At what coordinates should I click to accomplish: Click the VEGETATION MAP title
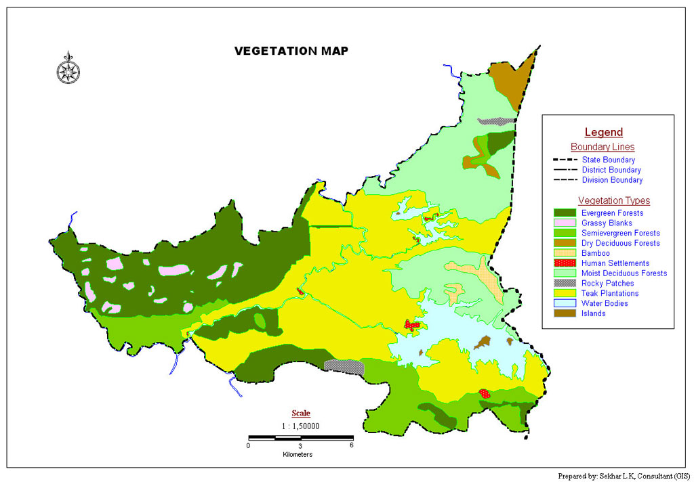coord(291,51)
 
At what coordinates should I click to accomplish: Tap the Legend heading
coord(603,133)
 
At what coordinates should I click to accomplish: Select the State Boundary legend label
coord(608,160)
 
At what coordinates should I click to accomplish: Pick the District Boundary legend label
coord(611,171)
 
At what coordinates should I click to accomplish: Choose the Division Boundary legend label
coord(612,180)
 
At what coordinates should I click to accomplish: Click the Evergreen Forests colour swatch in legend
coord(565,213)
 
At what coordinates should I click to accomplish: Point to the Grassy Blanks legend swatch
coord(565,223)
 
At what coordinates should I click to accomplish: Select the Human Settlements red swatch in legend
coord(565,263)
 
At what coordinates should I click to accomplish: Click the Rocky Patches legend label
coord(607,284)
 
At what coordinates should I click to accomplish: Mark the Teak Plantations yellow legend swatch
coord(565,294)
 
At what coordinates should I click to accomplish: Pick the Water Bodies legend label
coord(605,303)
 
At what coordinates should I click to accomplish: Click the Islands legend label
coord(593,313)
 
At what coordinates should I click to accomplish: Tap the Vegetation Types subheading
coord(613,200)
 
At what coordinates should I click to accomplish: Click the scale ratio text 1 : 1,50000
coord(301,426)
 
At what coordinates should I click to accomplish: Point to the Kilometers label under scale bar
coord(298,454)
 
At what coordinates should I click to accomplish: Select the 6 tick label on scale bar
coord(351,445)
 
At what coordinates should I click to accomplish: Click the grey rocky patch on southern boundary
coord(344,366)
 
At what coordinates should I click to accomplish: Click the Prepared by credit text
coord(624,476)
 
